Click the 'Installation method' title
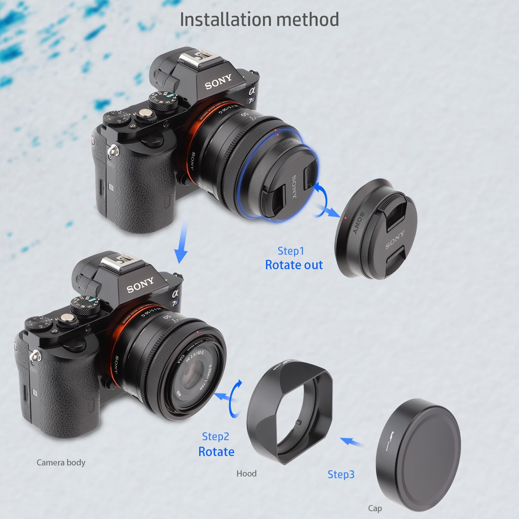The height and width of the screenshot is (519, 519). (259, 19)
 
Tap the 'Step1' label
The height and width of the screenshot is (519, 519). (291, 251)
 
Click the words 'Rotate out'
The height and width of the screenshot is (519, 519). (294, 265)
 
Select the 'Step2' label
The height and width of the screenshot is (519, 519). (215, 436)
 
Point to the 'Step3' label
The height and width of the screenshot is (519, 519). (341, 474)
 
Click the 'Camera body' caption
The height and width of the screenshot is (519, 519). (61, 462)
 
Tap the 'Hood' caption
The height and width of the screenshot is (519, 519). (246, 474)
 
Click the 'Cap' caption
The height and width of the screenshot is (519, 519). (375, 508)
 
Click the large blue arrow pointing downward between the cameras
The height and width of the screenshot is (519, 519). (181, 240)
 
